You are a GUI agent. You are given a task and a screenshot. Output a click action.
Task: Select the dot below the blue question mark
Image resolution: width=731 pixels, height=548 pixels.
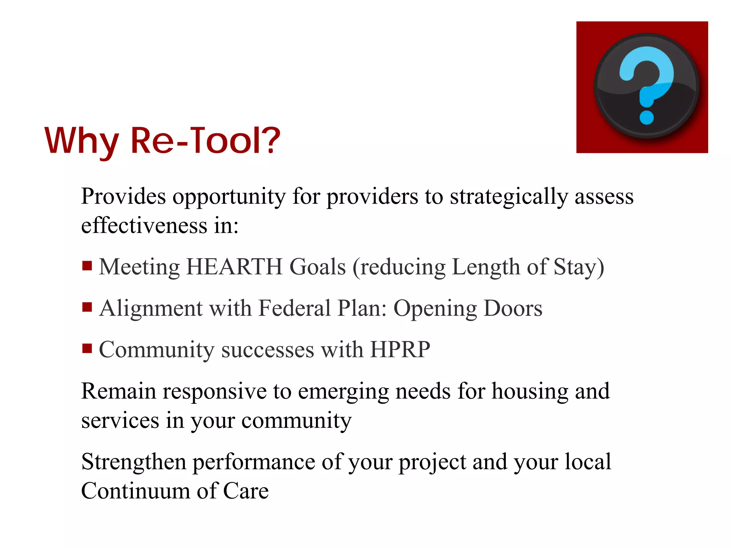[646, 117]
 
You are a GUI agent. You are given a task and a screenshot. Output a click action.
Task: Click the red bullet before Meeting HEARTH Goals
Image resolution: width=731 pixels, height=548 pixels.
[87, 266]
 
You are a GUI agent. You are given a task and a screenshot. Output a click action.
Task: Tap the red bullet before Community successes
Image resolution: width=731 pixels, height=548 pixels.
[87, 348]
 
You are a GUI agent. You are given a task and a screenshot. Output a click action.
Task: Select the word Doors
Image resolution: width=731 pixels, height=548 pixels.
[513, 308]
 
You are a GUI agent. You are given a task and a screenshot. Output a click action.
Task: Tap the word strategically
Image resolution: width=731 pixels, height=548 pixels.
[508, 197]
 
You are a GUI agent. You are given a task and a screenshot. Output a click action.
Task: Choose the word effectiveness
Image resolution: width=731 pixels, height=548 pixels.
[144, 226]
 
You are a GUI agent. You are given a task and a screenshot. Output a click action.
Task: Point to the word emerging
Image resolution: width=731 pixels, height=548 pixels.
[343, 391]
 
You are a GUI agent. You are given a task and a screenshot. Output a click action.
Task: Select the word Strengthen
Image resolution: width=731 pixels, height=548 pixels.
[134, 462]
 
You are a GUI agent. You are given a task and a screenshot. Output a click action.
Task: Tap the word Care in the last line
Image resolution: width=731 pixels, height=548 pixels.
[246, 491]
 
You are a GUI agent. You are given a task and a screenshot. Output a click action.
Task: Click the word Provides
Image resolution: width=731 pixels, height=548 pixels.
[123, 197]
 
